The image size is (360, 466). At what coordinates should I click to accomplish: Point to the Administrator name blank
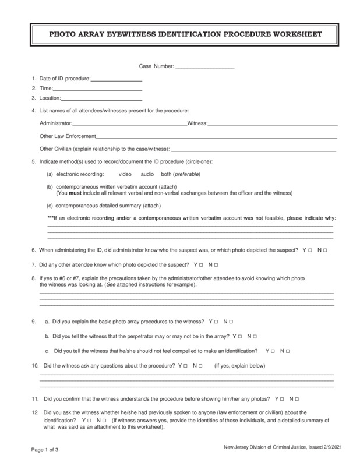(x=129, y=123)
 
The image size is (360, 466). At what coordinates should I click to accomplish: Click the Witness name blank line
(x=273, y=123)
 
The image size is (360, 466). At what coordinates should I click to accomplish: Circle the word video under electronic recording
(x=125, y=174)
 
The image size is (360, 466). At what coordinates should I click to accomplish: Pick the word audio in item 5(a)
(x=147, y=174)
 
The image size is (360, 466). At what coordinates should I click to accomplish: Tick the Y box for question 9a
(x=217, y=322)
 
